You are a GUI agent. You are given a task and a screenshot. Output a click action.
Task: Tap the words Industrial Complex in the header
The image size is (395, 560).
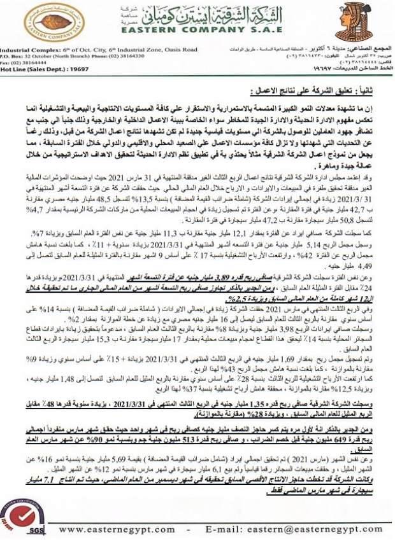coord(27,49)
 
